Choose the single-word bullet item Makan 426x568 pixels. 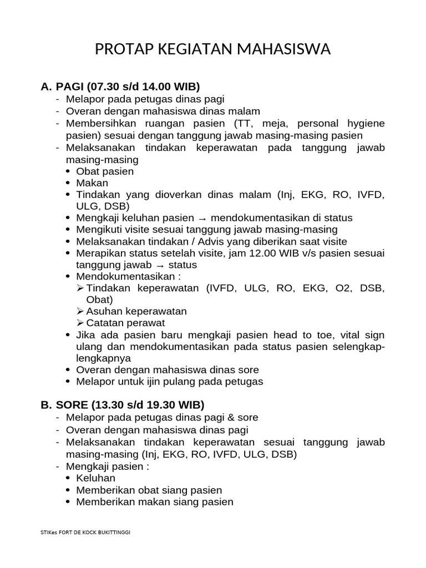[92, 183]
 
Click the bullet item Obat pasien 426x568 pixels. [105, 171]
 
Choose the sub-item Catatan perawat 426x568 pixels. [125, 323]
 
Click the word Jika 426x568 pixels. [85, 335]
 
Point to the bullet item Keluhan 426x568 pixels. [95, 478]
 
